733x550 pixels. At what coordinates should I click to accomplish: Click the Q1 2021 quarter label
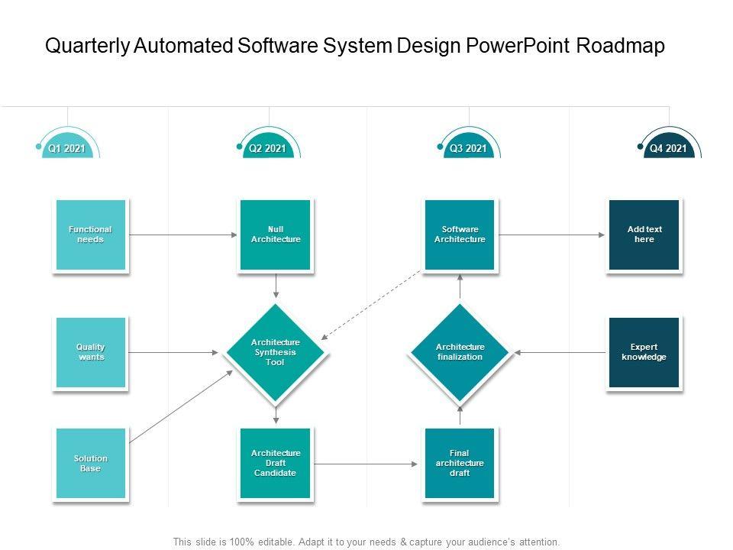tap(67, 148)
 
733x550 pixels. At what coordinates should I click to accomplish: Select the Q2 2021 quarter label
tap(267, 148)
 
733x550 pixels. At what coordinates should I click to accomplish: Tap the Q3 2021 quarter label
tap(468, 148)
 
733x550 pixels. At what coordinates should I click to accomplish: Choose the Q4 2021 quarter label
tap(668, 148)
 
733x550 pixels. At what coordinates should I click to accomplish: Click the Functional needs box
tap(90, 235)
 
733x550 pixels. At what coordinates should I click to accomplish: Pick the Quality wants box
tap(90, 352)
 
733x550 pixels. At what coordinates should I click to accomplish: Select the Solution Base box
tap(90, 464)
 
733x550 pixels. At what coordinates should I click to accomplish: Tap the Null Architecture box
tap(276, 235)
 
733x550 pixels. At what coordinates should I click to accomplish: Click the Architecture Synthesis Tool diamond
tap(276, 352)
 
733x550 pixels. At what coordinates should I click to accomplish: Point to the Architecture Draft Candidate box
tap(276, 464)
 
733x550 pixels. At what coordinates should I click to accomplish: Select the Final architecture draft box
tap(460, 464)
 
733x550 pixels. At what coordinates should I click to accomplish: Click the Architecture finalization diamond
tap(460, 352)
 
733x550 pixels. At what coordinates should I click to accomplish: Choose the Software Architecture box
tap(460, 235)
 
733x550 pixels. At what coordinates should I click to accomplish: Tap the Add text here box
tap(644, 235)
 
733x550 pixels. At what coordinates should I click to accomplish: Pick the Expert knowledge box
tap(644, 352)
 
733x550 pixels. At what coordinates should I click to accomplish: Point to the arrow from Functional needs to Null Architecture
tap(183, 235)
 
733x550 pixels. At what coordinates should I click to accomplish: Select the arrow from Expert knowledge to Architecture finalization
tap(561, 352)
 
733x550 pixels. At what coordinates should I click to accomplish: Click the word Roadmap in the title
tap(620, 46)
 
